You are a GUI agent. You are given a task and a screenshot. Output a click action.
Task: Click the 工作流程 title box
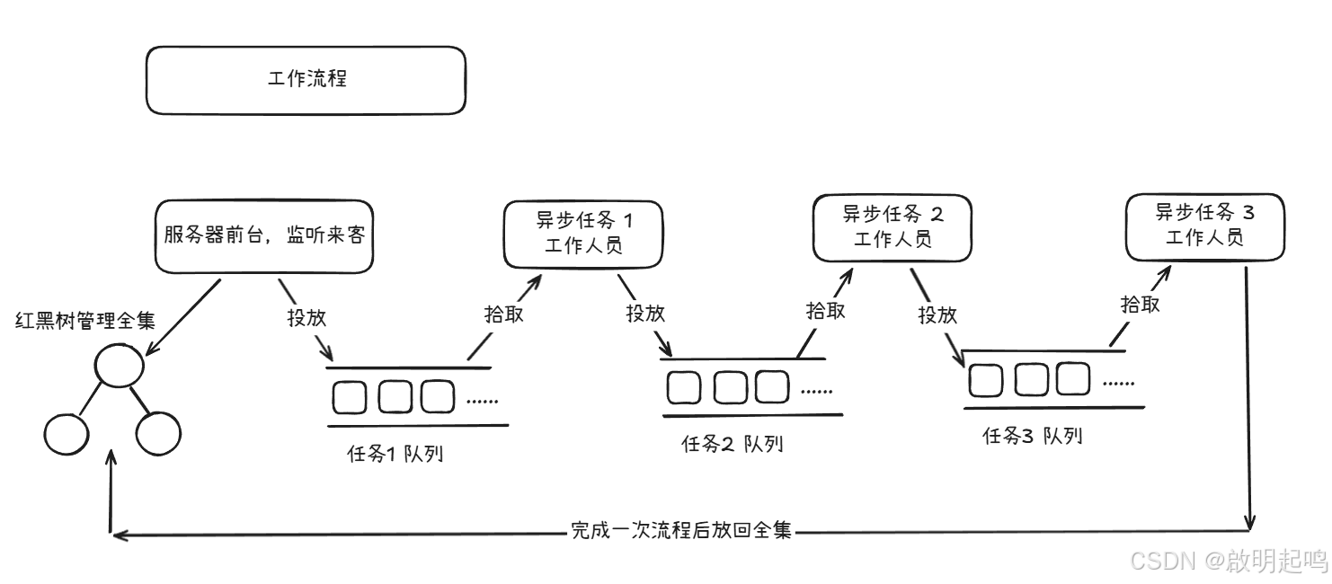coord(306,80)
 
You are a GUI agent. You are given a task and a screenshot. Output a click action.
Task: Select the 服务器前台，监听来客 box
coord(264,236)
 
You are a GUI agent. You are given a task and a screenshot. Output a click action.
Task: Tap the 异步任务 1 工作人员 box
coord(583,233)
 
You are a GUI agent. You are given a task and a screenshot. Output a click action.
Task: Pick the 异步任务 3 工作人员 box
coord(1204,226)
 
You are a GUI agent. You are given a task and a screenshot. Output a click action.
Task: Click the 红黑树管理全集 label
coord(85,321)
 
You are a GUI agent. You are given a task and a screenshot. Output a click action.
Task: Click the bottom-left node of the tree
coord(67,434)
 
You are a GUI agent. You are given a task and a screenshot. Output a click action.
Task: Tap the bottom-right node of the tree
coord(160,433)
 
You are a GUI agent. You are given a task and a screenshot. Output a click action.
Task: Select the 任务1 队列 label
coord(395,454)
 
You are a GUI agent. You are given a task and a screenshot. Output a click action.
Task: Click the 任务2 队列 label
coord(732,444)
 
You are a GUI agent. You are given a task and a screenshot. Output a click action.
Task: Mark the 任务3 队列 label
coord(1033,437)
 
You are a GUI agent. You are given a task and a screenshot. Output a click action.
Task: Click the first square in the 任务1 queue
coord(350,397)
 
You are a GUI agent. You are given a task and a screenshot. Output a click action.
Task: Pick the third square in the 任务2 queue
coord(771,387)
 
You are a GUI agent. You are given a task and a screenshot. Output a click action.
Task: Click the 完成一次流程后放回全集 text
coord(682,530)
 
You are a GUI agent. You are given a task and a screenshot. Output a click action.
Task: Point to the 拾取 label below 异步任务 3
coord(1140,304)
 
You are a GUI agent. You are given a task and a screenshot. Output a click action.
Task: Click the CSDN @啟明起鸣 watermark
coord(1228,561)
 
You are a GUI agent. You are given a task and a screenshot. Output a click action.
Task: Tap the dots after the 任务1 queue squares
coord(483,400)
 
